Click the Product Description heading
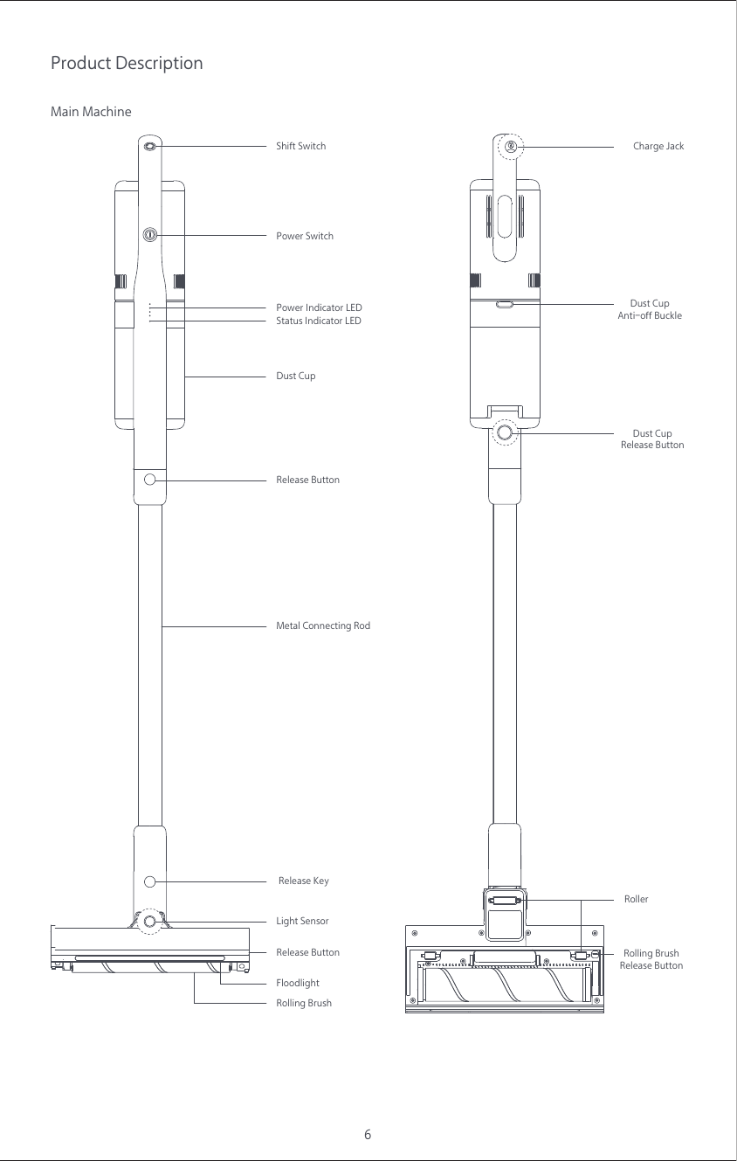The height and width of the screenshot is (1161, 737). point(127,64)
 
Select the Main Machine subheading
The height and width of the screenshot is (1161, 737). point(91,112)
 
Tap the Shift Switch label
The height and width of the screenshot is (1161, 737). point(300,146)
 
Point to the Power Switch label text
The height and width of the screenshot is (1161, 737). point(304,236)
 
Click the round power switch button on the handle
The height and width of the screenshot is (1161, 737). point(149,234)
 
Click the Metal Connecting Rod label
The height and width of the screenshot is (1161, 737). point(322,625)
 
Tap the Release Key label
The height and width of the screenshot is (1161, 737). point(303,881)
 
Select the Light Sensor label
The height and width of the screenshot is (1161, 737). point(302,921)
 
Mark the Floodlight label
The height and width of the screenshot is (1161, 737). point(298,983)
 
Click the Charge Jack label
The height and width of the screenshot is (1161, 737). point(658,146)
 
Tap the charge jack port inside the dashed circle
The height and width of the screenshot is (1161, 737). point(510,146)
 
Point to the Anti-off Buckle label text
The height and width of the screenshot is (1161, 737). point(649,315)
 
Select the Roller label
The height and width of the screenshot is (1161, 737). point(636,899)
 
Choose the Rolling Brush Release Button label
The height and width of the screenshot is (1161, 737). point(651,959)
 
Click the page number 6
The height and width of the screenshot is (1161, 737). point(368,1135)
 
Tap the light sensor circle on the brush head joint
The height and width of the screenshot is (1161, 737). point(150,922)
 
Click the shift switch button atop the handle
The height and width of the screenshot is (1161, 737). point(149,146)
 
